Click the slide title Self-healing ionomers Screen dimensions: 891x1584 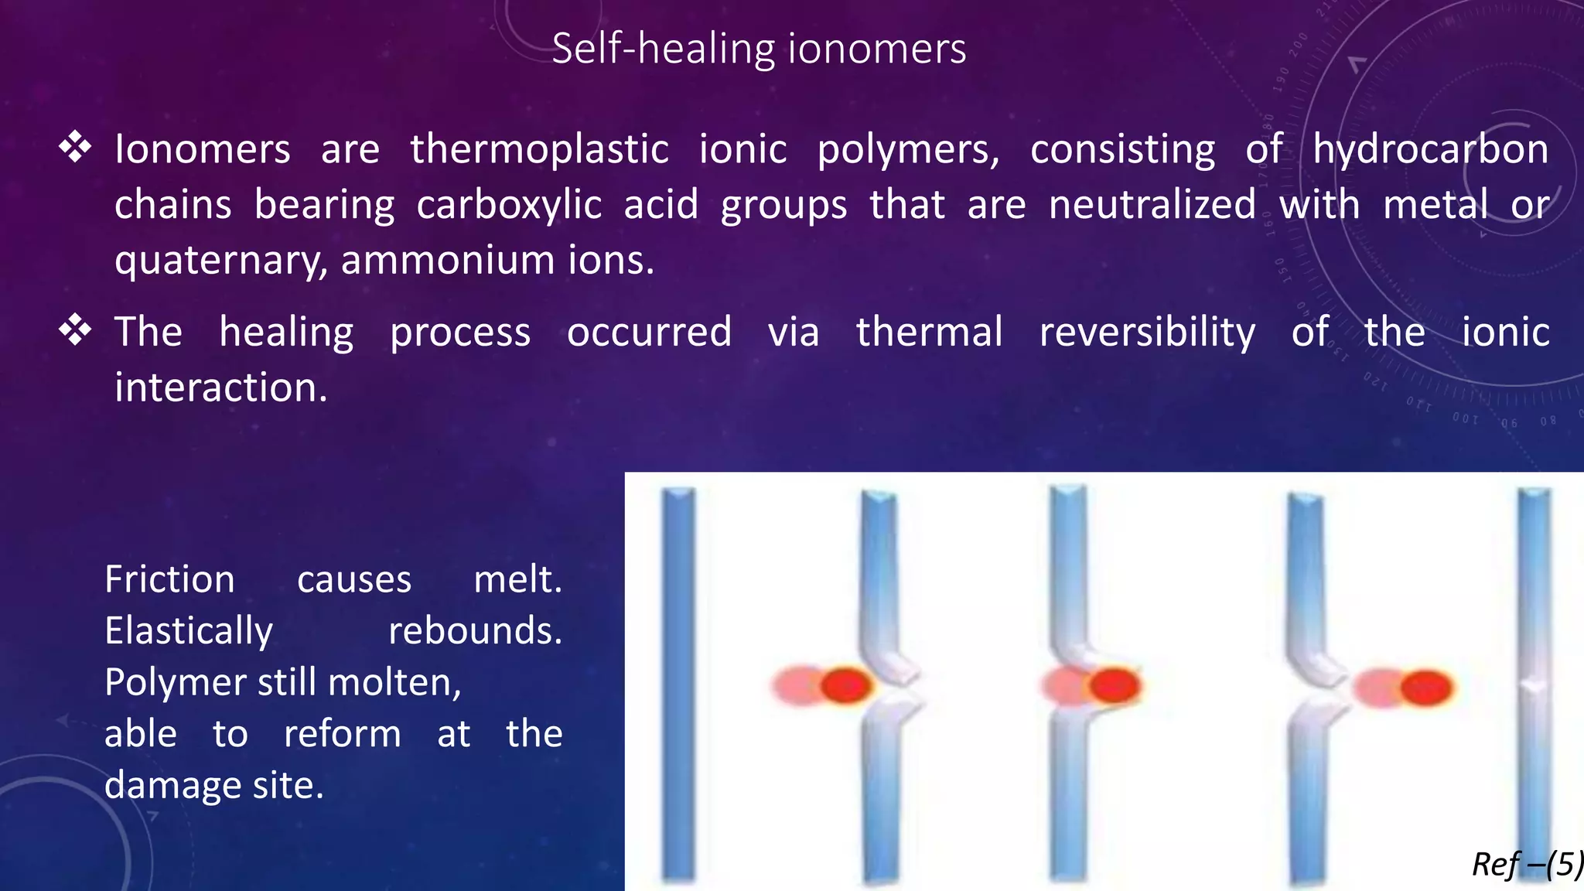759,49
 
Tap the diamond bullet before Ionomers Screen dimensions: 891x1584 75,146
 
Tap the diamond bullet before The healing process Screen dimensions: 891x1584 75,330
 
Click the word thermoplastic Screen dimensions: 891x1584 539,149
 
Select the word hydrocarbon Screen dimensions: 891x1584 1431,149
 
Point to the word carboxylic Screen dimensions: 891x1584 509,205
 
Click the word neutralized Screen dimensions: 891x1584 1152,205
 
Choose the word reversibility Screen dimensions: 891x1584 1147,332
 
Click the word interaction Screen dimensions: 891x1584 220,387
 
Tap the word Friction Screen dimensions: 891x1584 169,579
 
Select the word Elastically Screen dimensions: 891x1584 189,631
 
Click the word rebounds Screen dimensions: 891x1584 475,631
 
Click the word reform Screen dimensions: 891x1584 342,734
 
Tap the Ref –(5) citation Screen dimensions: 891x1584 1527,864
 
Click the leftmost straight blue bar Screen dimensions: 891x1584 678,684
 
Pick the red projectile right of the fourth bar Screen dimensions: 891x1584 1425,688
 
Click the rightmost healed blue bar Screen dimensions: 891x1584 1533,684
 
